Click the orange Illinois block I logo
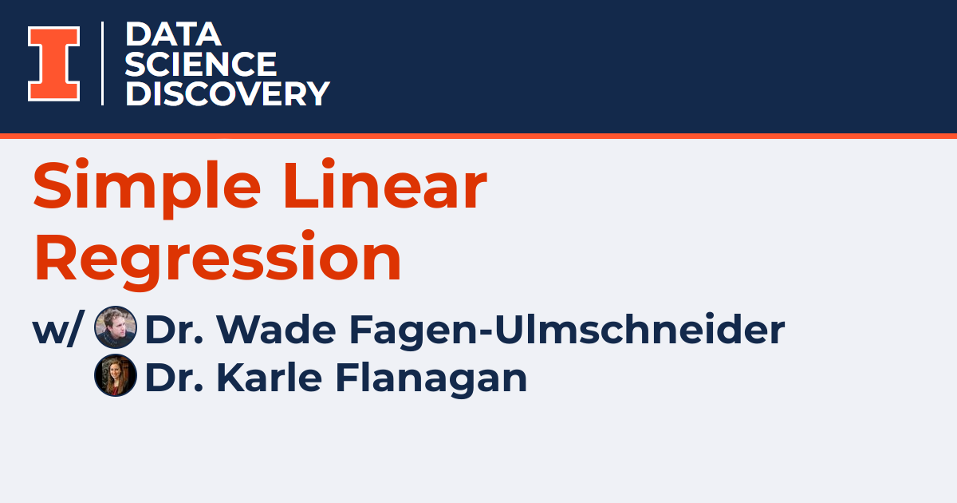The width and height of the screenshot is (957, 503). click(54, 64)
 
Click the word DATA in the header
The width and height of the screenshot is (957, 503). click(172, 34)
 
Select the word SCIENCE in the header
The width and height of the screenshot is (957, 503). click(201, 64)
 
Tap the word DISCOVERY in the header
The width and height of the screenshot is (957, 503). click(227, 93)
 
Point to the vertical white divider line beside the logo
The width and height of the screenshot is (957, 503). click(103, 64)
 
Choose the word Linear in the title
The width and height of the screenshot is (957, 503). click(384, 187)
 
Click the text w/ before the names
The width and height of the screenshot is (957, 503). click(57, 330)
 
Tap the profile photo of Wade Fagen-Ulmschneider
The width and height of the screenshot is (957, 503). click(115, 328)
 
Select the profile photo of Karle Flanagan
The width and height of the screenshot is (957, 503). click(115, 376)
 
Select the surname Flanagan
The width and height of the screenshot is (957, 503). click(431, 377)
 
